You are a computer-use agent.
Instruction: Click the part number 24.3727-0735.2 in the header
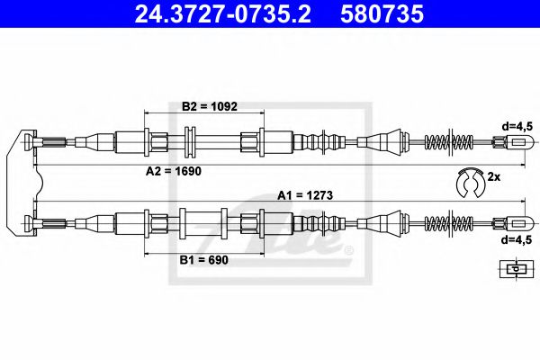click(223, 14)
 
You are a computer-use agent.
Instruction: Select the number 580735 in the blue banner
click(382, 14)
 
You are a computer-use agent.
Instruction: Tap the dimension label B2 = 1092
click(210, 106)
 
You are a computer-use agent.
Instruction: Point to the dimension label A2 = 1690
click(173, 171)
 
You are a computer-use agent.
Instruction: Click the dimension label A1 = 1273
click(305, 195)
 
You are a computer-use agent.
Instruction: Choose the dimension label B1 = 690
click(204, 260)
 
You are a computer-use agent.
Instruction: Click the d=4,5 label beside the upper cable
click(517, 127)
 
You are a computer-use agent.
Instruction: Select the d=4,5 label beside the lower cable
click(517, 239)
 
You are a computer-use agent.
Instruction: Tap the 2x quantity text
click(493, 177)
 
